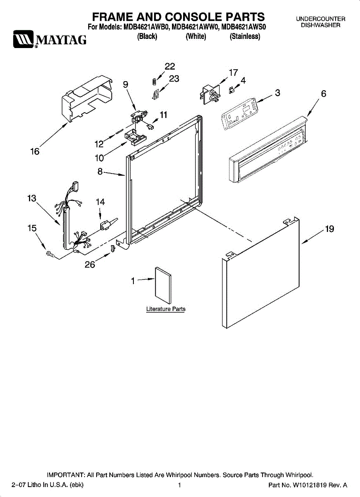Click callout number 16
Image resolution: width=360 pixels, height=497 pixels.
(x=34, y=152)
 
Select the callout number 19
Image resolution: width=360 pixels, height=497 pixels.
(x=329, y=229)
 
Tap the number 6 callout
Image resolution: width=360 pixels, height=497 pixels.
(x=324, y=94)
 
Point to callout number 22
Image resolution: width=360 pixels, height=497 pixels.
(x=169, y=67)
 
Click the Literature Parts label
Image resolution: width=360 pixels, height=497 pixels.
(x=166, y=309)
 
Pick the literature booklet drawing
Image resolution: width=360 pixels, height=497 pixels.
(x=163, y=286)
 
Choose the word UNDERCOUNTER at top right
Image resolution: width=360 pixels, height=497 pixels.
(x=321, y=19)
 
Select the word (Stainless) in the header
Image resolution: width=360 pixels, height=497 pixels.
(x=245, y=37)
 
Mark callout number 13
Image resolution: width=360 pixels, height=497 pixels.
(x=32, y=198)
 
